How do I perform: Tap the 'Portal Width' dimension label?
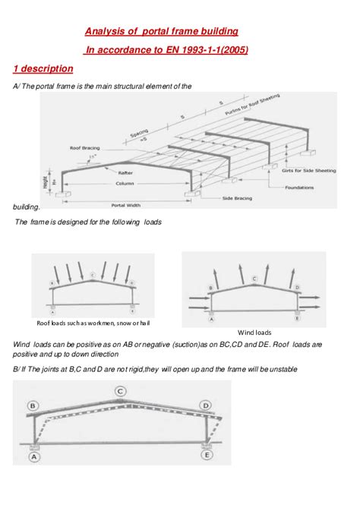(127, 205)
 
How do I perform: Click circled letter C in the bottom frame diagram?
(120, 391)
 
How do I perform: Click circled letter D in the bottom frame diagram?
(206, 407)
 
